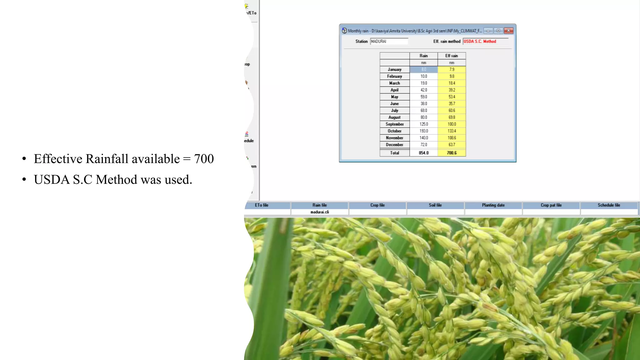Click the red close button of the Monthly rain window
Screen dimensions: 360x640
[x=508, y=31]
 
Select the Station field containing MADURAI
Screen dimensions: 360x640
[x=389, y=41]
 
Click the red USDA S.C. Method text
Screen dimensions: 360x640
[x=480, y=41]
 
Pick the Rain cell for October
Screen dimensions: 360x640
[x=423, y=131]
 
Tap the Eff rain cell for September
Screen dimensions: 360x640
[x=452, y=124]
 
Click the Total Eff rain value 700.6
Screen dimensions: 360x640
[x=452, y=153]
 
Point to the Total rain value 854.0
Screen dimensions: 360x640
[x=423, y=153]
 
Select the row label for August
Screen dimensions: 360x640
[x=394, y=117]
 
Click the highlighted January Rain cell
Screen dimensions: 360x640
[x=423, y=69]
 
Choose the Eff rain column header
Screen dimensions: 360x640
[x=452, y=56]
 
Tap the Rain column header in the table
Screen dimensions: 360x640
[x=423, y=56]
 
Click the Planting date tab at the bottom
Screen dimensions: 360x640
[x=493, y=205]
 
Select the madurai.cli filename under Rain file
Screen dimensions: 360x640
[x=320, y=212]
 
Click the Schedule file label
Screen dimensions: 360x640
[x=609, y=205]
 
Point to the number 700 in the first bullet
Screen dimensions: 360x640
[x=204, y=159]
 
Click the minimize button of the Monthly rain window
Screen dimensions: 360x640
[x=488, y=31]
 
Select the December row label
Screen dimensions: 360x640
[x=394, y=145]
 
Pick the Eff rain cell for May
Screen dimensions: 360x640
[x=452, y=97]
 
